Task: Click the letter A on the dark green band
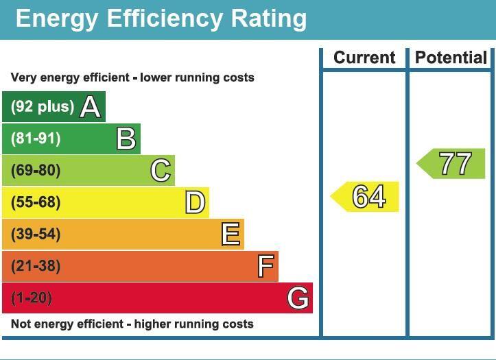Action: coord(91,107)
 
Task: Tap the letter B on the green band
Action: coord(126,139)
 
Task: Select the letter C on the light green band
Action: coord(161,170)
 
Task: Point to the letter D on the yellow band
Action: coord(195,202)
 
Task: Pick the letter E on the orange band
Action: coord(231,235)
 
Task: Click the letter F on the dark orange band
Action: coord(265,266)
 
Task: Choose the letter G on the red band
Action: coord(298,298)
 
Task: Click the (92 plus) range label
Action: coord(43,107)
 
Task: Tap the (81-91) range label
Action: coord(36,139)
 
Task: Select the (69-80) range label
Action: coord(36,171)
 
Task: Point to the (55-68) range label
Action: coord(36,202)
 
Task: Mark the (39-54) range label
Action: coord(36,235)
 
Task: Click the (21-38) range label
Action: coord(36,266)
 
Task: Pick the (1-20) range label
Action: coord(32,298)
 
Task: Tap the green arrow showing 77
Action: coord(453,164)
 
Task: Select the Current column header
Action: coord(364,58)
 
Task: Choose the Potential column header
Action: coord(451,58)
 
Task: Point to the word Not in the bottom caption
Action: coord(21,324)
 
